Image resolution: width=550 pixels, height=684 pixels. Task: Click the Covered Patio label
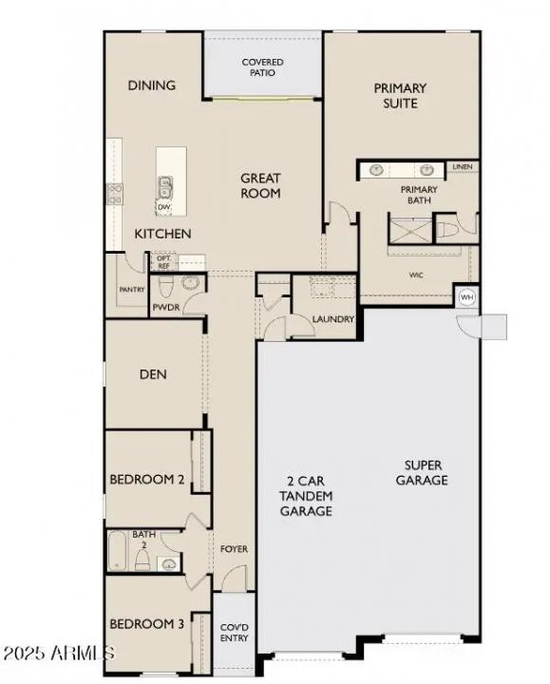[264, 67]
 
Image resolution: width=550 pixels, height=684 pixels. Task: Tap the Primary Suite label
[400, 95]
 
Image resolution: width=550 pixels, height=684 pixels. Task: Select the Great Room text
[259, 185]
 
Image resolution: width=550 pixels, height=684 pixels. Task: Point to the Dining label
[152, 85]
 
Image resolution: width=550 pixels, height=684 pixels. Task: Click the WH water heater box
[466, 296]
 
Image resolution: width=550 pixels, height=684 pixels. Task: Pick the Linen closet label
[462, 168]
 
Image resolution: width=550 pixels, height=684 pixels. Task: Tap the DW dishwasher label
[163, 207]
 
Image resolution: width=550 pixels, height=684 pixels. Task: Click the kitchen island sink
[164, 186]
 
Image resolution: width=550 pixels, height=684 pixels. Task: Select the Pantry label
[131, 289]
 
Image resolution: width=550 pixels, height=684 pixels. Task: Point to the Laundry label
[332, 319]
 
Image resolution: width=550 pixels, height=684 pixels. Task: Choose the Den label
[153, 374]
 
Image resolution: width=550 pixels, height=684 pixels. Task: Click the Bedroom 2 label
[146, 480]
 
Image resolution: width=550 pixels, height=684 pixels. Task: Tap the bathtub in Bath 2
[117, 553]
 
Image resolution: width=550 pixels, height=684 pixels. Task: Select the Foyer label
[234, 549]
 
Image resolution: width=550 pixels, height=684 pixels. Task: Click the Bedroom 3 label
[146, 624]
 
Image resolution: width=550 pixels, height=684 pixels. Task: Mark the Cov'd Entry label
[234, 633]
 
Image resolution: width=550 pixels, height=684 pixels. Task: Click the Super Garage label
[425, 472]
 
